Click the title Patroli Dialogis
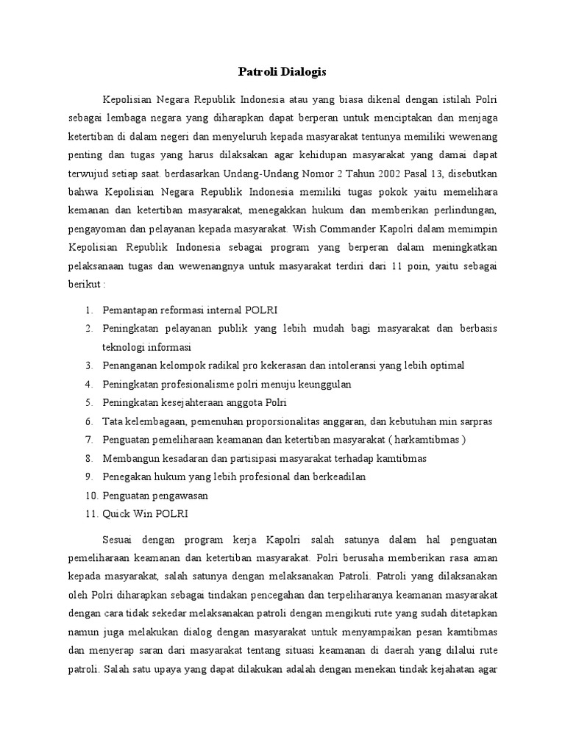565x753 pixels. click(x=282, y=71)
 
